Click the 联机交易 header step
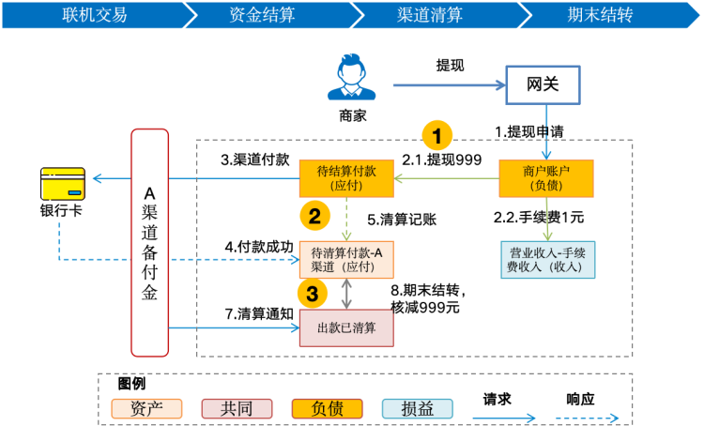click(92, 14)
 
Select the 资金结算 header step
click(263, 14)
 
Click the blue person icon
click(352, 77)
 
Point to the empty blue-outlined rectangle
click(543, 84)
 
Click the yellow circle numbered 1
click(436, 135)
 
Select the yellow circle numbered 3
click(313, 294)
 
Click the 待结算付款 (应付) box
click(345, 178)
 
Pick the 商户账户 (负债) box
click(546, 178)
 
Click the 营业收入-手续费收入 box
click(546, 260)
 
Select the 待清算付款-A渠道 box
click(345, 260)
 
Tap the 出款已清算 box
click(345, 327)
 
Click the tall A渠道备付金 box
click(149, 242)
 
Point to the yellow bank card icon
click(63, 184)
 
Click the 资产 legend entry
click(146, 408)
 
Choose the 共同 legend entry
click(237, 408)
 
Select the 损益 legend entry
click(417, 408)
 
